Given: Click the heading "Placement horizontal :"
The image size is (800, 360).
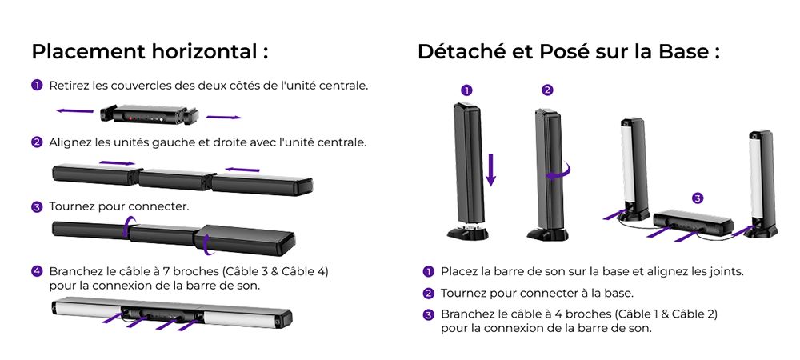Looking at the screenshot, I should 149,52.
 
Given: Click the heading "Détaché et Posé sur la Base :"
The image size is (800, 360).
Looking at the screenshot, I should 568,52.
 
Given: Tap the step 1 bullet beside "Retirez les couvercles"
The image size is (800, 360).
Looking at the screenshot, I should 37,85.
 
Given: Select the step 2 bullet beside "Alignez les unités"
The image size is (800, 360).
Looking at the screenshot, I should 37,142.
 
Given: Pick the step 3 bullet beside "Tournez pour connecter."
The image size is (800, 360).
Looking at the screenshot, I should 37,206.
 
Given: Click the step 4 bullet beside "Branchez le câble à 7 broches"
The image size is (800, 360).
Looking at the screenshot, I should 37,271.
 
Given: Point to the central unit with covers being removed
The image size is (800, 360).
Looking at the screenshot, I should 148,114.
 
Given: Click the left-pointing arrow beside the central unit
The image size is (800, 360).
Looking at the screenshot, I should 74,111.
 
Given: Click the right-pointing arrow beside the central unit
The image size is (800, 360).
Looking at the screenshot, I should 223,118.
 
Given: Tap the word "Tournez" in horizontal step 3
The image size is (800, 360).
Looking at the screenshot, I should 72,206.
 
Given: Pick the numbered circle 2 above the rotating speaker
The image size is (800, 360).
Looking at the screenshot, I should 547,90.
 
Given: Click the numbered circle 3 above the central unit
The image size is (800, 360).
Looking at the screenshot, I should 698,198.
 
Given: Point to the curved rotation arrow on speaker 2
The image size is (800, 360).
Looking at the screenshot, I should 566,170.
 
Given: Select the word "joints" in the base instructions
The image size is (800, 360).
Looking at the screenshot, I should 724,271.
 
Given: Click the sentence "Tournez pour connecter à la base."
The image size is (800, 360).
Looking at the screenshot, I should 537,293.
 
